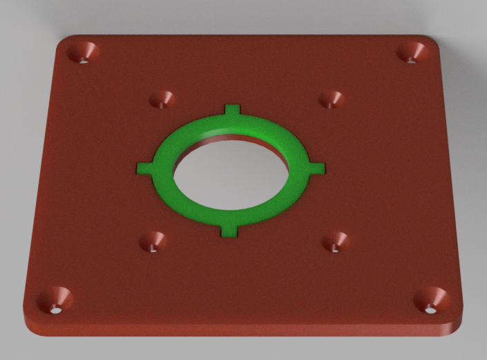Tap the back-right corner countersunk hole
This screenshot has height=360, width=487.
tap(413, 53)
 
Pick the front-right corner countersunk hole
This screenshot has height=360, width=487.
tap(432, 300)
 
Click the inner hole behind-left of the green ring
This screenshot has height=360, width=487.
tap(163, 100)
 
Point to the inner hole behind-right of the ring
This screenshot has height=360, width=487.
tap(332, 100)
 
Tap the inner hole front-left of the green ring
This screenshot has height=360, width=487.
tap(153, 242)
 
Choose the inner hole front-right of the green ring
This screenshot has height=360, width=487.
tap(336, 241)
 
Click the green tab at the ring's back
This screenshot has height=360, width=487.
tap(233, 111)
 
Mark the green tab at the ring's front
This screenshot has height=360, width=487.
tap(229, 227)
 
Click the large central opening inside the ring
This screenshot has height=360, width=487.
tap(230, 172)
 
